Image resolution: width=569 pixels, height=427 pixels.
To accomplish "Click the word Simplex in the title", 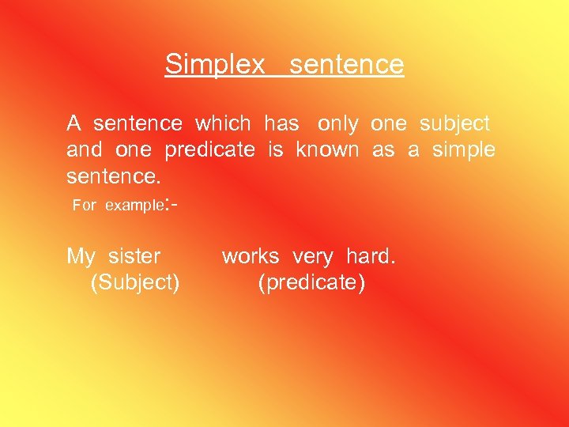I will tap(214, 65).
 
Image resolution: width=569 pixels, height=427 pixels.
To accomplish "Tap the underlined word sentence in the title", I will tap(346, 65).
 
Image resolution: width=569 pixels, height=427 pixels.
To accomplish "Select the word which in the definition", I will tap(223, 124).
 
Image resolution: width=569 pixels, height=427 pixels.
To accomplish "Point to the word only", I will tap(337, 124).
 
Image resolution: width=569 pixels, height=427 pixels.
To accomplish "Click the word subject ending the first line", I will tap(454, 124).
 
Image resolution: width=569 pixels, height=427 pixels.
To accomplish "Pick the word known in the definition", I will tap(327, 150).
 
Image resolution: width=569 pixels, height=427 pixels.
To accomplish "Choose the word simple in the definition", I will tap(463, 150).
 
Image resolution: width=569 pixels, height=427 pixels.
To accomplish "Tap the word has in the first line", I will tap(281, 124).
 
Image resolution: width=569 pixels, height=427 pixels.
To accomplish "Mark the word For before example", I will tap(84, 206).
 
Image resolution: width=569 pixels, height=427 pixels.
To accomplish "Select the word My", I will tap(81, 257).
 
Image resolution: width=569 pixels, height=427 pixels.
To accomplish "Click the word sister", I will tap(134, 256).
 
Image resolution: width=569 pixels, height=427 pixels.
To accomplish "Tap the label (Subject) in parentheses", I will tap(135, 283).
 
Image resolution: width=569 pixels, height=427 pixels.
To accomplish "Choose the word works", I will tap(251, 256).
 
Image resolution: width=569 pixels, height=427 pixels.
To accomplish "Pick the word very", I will tap(312, 257).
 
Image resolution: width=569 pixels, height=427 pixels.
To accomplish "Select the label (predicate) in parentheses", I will tap(311, 283).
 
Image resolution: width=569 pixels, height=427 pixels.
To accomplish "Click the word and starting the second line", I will tap(85, 150).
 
